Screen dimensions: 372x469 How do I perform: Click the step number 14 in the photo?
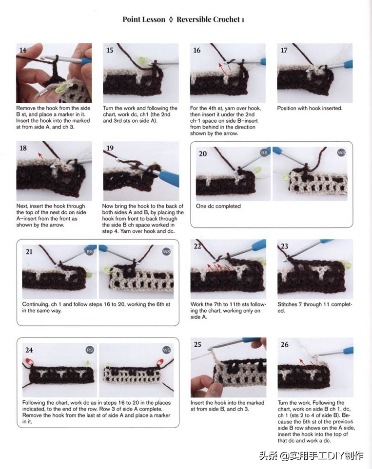click(x=23, y=50)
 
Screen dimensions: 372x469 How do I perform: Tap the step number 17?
click(x=284, y=50)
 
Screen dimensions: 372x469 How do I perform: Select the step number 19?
click(x=110, y=148)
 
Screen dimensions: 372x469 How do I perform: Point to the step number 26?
click(x=285, y=344)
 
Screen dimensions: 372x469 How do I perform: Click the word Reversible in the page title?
click(x=193, y=19)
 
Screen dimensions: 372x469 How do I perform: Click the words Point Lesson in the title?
click(x=144, y=19)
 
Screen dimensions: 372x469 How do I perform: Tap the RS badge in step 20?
click(x=264, y=152)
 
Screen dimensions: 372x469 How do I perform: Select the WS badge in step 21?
click(x=166, y=252)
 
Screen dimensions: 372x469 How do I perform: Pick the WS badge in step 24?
click(x=166, y=350)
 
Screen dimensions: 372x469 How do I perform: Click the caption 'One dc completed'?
click(x=218, y=206)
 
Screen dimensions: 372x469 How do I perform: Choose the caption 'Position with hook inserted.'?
click(x=310, y=108)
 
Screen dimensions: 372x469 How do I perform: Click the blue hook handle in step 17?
click(x=348, y=64)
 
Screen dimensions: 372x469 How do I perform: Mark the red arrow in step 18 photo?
click(x=40, y=155)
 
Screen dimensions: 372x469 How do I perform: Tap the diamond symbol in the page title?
click(x=171, y=20)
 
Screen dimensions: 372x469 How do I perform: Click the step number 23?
click(x=284, y=246)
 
